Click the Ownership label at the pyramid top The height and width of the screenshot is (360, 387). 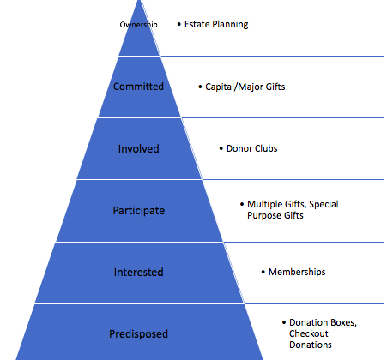click(x=138, y=25)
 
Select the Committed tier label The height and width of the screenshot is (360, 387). click(x=138, y=87)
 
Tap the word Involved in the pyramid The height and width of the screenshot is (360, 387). click(x=138, y=148)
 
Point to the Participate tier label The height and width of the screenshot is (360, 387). click(x=139, y=211)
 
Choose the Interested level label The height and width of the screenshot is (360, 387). click(x=138, y=272)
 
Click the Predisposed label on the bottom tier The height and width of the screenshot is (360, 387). click(x=138, y=334)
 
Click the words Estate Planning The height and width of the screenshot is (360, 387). click(x=216, y=24)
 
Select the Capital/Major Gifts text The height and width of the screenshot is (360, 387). click(x=245, y=87)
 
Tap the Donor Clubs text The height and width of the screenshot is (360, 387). click(x=251, y=148)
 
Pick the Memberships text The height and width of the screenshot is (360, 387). click(x=297, y=272)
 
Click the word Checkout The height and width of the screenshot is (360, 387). click(x=309, y=333)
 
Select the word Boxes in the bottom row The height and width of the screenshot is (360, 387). click(x=344, y=322)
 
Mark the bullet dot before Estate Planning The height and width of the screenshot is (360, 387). click(x=179, y=24)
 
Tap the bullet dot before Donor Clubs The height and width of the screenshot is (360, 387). click(x=221, y=148)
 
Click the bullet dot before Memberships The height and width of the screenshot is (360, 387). click(x=263, y=272)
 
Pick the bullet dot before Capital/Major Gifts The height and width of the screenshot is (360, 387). click(x=200, y=87)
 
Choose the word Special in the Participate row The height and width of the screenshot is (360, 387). click(x=324, y=205)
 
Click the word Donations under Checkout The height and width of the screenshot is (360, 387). click(x=311, y=345)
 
